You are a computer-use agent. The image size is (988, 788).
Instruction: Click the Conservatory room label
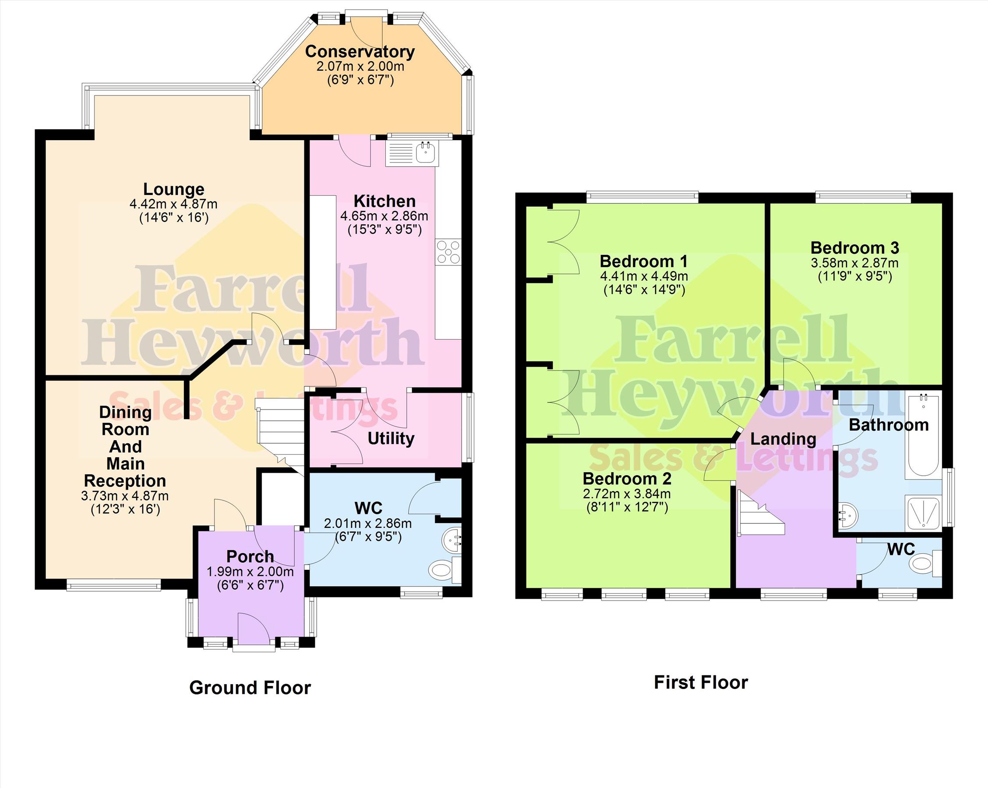coord(360,52)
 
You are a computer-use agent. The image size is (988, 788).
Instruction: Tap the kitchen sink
coord(413,153)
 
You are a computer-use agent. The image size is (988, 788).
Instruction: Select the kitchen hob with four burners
coord(448,252)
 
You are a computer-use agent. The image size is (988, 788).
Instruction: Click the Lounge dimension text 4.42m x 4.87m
coord(174,204)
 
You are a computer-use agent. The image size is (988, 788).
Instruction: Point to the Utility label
coord(391,439)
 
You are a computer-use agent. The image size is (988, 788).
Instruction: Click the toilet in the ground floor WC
coord(445,570)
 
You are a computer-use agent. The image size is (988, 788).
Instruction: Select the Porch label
coord(250,556)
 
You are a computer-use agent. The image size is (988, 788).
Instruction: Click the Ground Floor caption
coord(250,688)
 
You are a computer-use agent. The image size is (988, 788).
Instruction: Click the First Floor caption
coord(701,682)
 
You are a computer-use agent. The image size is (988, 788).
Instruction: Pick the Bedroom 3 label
coord(855,248)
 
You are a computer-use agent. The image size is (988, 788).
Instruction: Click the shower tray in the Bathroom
coord(923,512)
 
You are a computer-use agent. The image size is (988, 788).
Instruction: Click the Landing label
coord(783,439)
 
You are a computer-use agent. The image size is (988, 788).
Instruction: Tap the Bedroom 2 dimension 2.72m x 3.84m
coord(627,494)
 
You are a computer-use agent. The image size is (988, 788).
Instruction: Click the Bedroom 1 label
coord(644,262)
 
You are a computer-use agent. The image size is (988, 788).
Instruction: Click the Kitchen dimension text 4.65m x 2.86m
coord(385,216)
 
